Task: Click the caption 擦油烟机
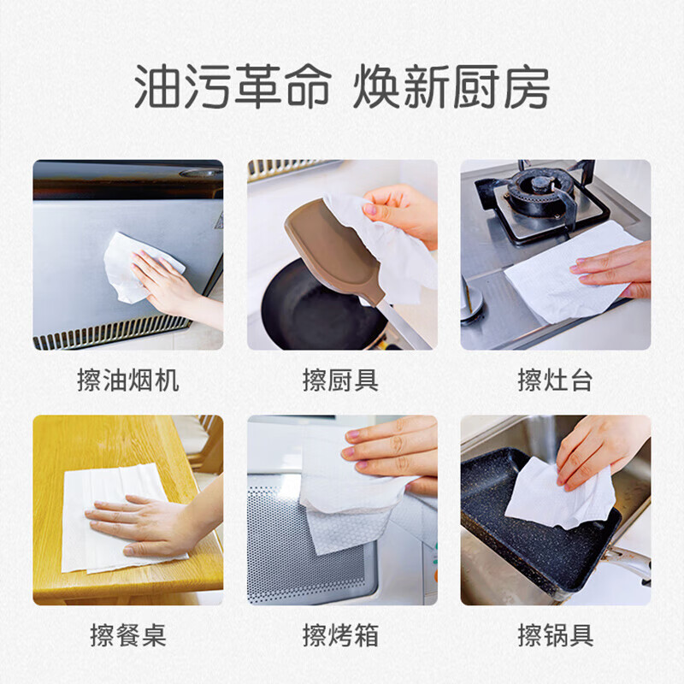(x=128, y=380)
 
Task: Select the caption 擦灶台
(x=555, y=380)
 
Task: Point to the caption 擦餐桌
(x=128, y=635)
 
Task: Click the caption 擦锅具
(x=555, y=635)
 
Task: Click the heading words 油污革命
(x=231, y=88)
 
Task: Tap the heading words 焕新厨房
(x=451, y=88)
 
